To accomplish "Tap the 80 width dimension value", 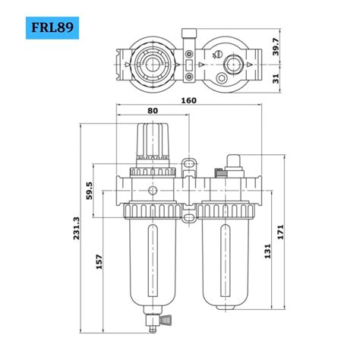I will coord(153,110).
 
